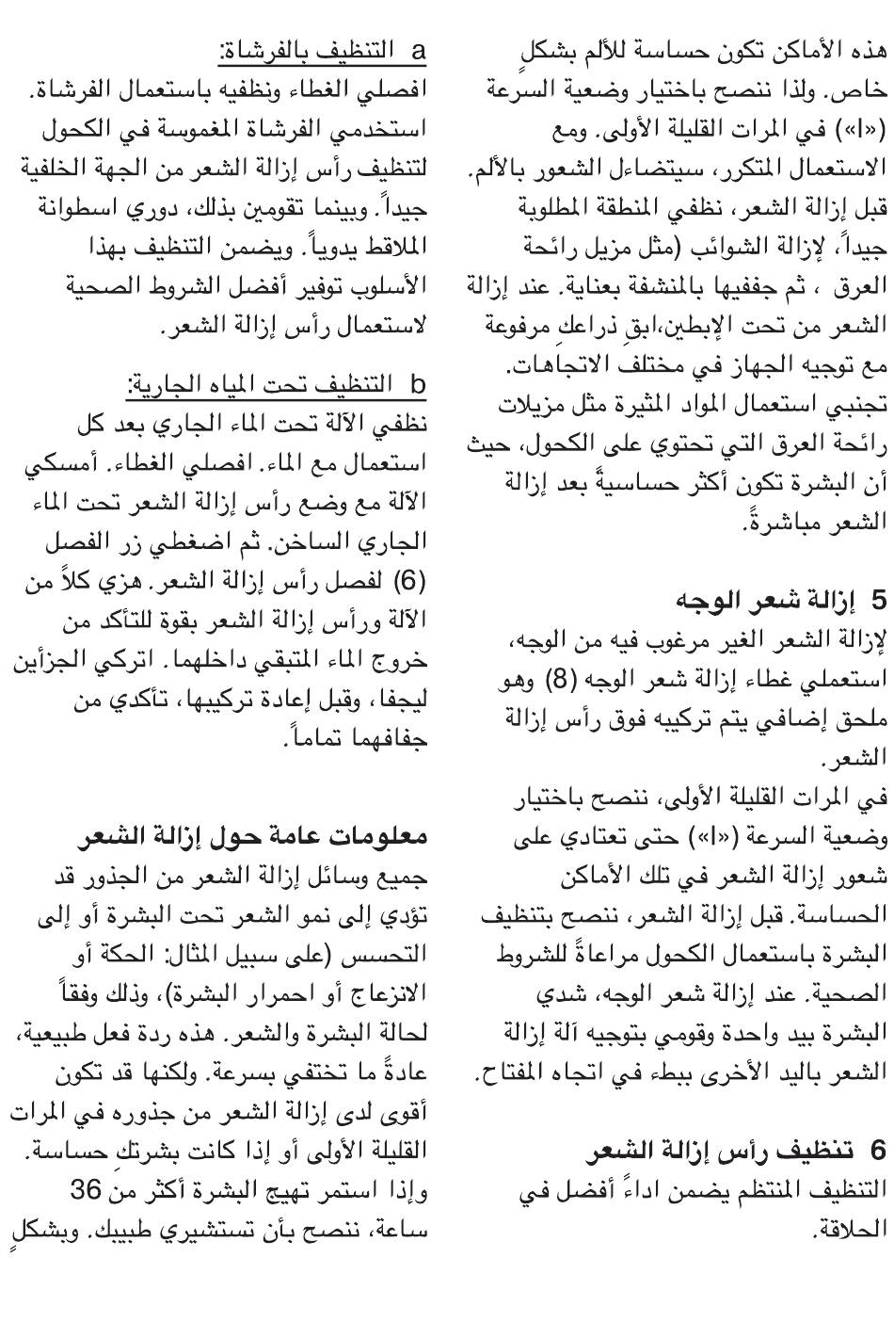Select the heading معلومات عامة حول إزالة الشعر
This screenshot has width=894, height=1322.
tap(254, 810)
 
